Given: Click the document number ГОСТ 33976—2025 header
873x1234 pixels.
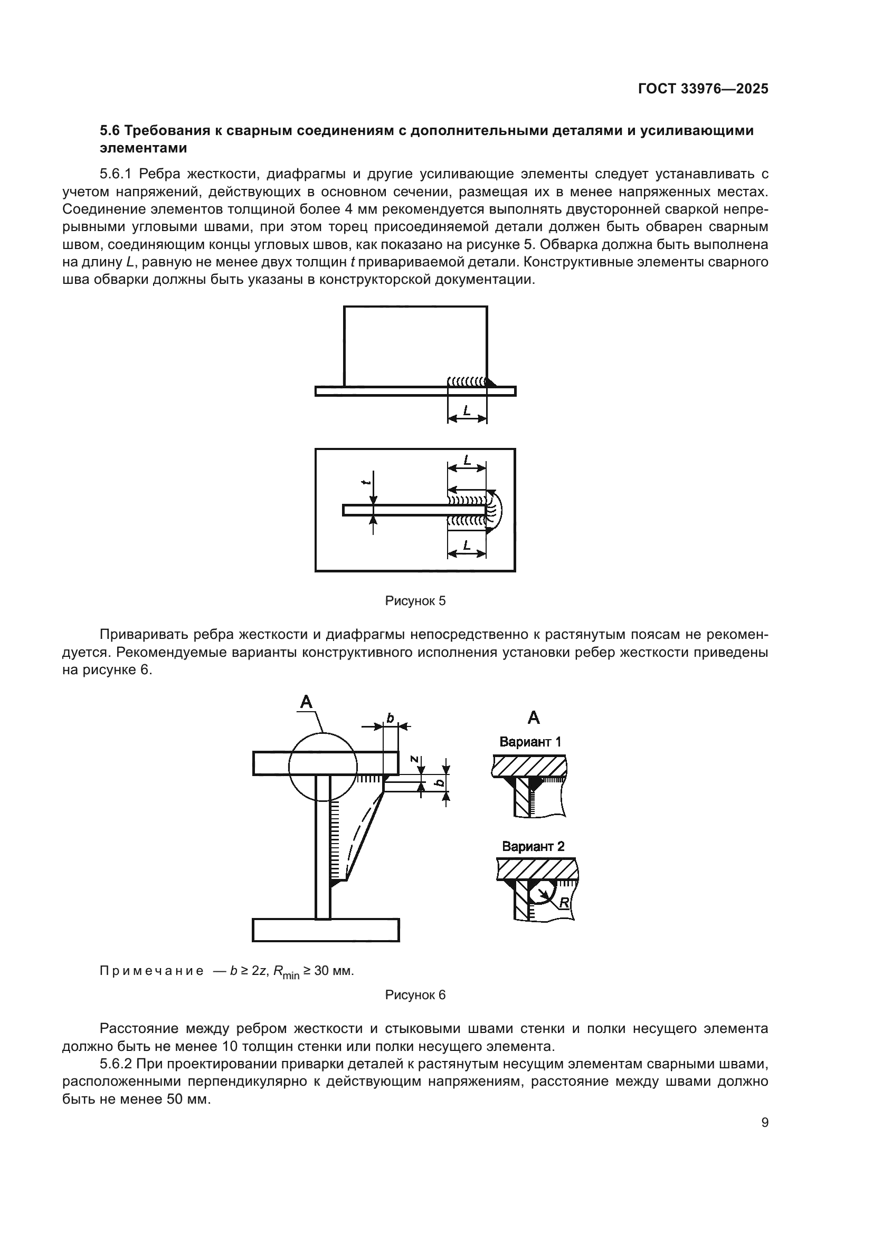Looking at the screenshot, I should [x=703, y=89].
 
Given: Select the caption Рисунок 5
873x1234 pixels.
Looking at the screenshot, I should [x=415, y=601].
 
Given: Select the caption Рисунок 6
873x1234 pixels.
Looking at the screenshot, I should [x=415, y=995].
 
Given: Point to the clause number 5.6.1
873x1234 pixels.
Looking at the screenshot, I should [x=116, y=174].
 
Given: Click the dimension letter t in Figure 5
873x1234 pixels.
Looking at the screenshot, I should [x=366, y=482].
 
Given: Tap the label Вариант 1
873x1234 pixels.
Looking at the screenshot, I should [x=530, y=742].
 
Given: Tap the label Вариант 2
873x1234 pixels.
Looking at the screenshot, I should [x=533, y=846].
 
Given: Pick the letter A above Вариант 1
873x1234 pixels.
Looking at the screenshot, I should [x=533, y=718].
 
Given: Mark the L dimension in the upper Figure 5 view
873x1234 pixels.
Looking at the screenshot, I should [x=467, y=410].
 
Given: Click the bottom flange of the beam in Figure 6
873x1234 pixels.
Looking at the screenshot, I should [x=326, y=930].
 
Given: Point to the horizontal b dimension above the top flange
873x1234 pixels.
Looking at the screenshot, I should [x=390, y=718].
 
